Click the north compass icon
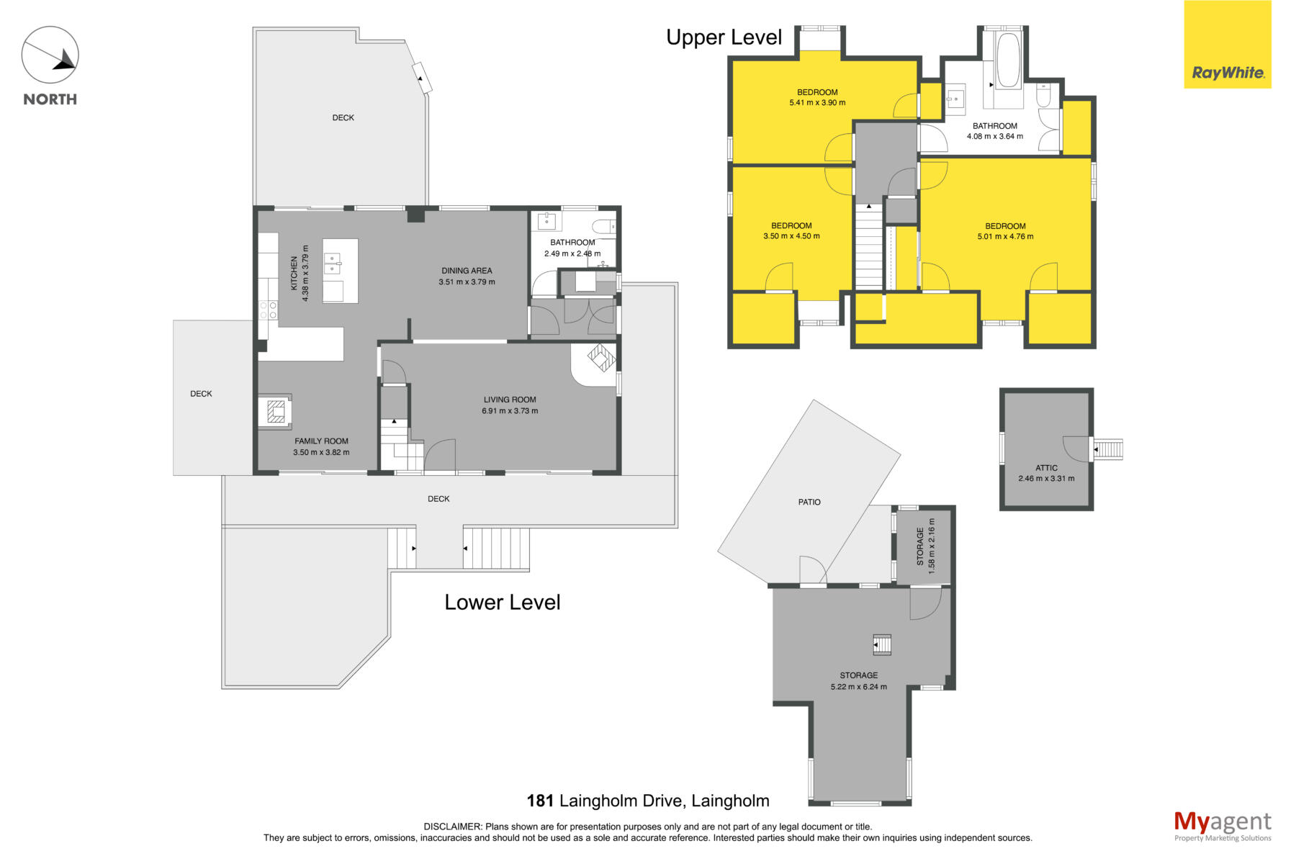pos(50,55)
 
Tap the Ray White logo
pos(1228,45)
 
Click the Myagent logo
pos(1223,826)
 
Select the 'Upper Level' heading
pos(724,37)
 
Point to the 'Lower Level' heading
pos(502,602)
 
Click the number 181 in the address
pos(540,801)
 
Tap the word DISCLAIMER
pos(453,827)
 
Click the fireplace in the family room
pos(276,411)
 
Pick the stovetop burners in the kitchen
pos(268,310)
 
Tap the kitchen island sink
pos(332,264)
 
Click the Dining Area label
pos(467,271)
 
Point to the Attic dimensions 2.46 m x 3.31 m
pos(1046,478)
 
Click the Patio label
pos(809,502)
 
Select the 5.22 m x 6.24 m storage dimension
pos(858,687)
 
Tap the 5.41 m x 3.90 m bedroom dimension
pos(817,103)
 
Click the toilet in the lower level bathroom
pos(607,224)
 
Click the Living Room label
pos(510,400)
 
